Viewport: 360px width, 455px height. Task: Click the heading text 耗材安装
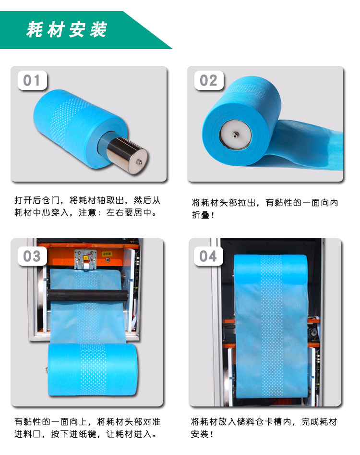67,29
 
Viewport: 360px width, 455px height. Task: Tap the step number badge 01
32,80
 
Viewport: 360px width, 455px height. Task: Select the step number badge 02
209,80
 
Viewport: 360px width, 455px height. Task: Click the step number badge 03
32,256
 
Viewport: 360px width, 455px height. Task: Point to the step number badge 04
208,256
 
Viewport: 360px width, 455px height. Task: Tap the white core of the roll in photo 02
235,135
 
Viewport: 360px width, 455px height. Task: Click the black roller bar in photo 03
87,295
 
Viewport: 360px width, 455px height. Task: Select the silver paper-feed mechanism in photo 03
85,259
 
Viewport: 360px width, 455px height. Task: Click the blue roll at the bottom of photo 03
93,369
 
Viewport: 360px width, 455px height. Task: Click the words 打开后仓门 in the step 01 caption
37,200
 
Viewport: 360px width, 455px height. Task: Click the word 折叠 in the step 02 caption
201,215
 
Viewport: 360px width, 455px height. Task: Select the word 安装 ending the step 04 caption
200,434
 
